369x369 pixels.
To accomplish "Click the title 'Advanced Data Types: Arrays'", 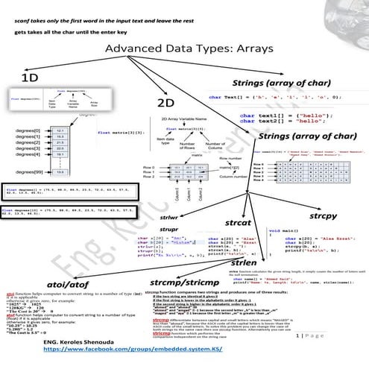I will [x=184, y=48].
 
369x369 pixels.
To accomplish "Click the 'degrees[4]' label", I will [x=25, y=155].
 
